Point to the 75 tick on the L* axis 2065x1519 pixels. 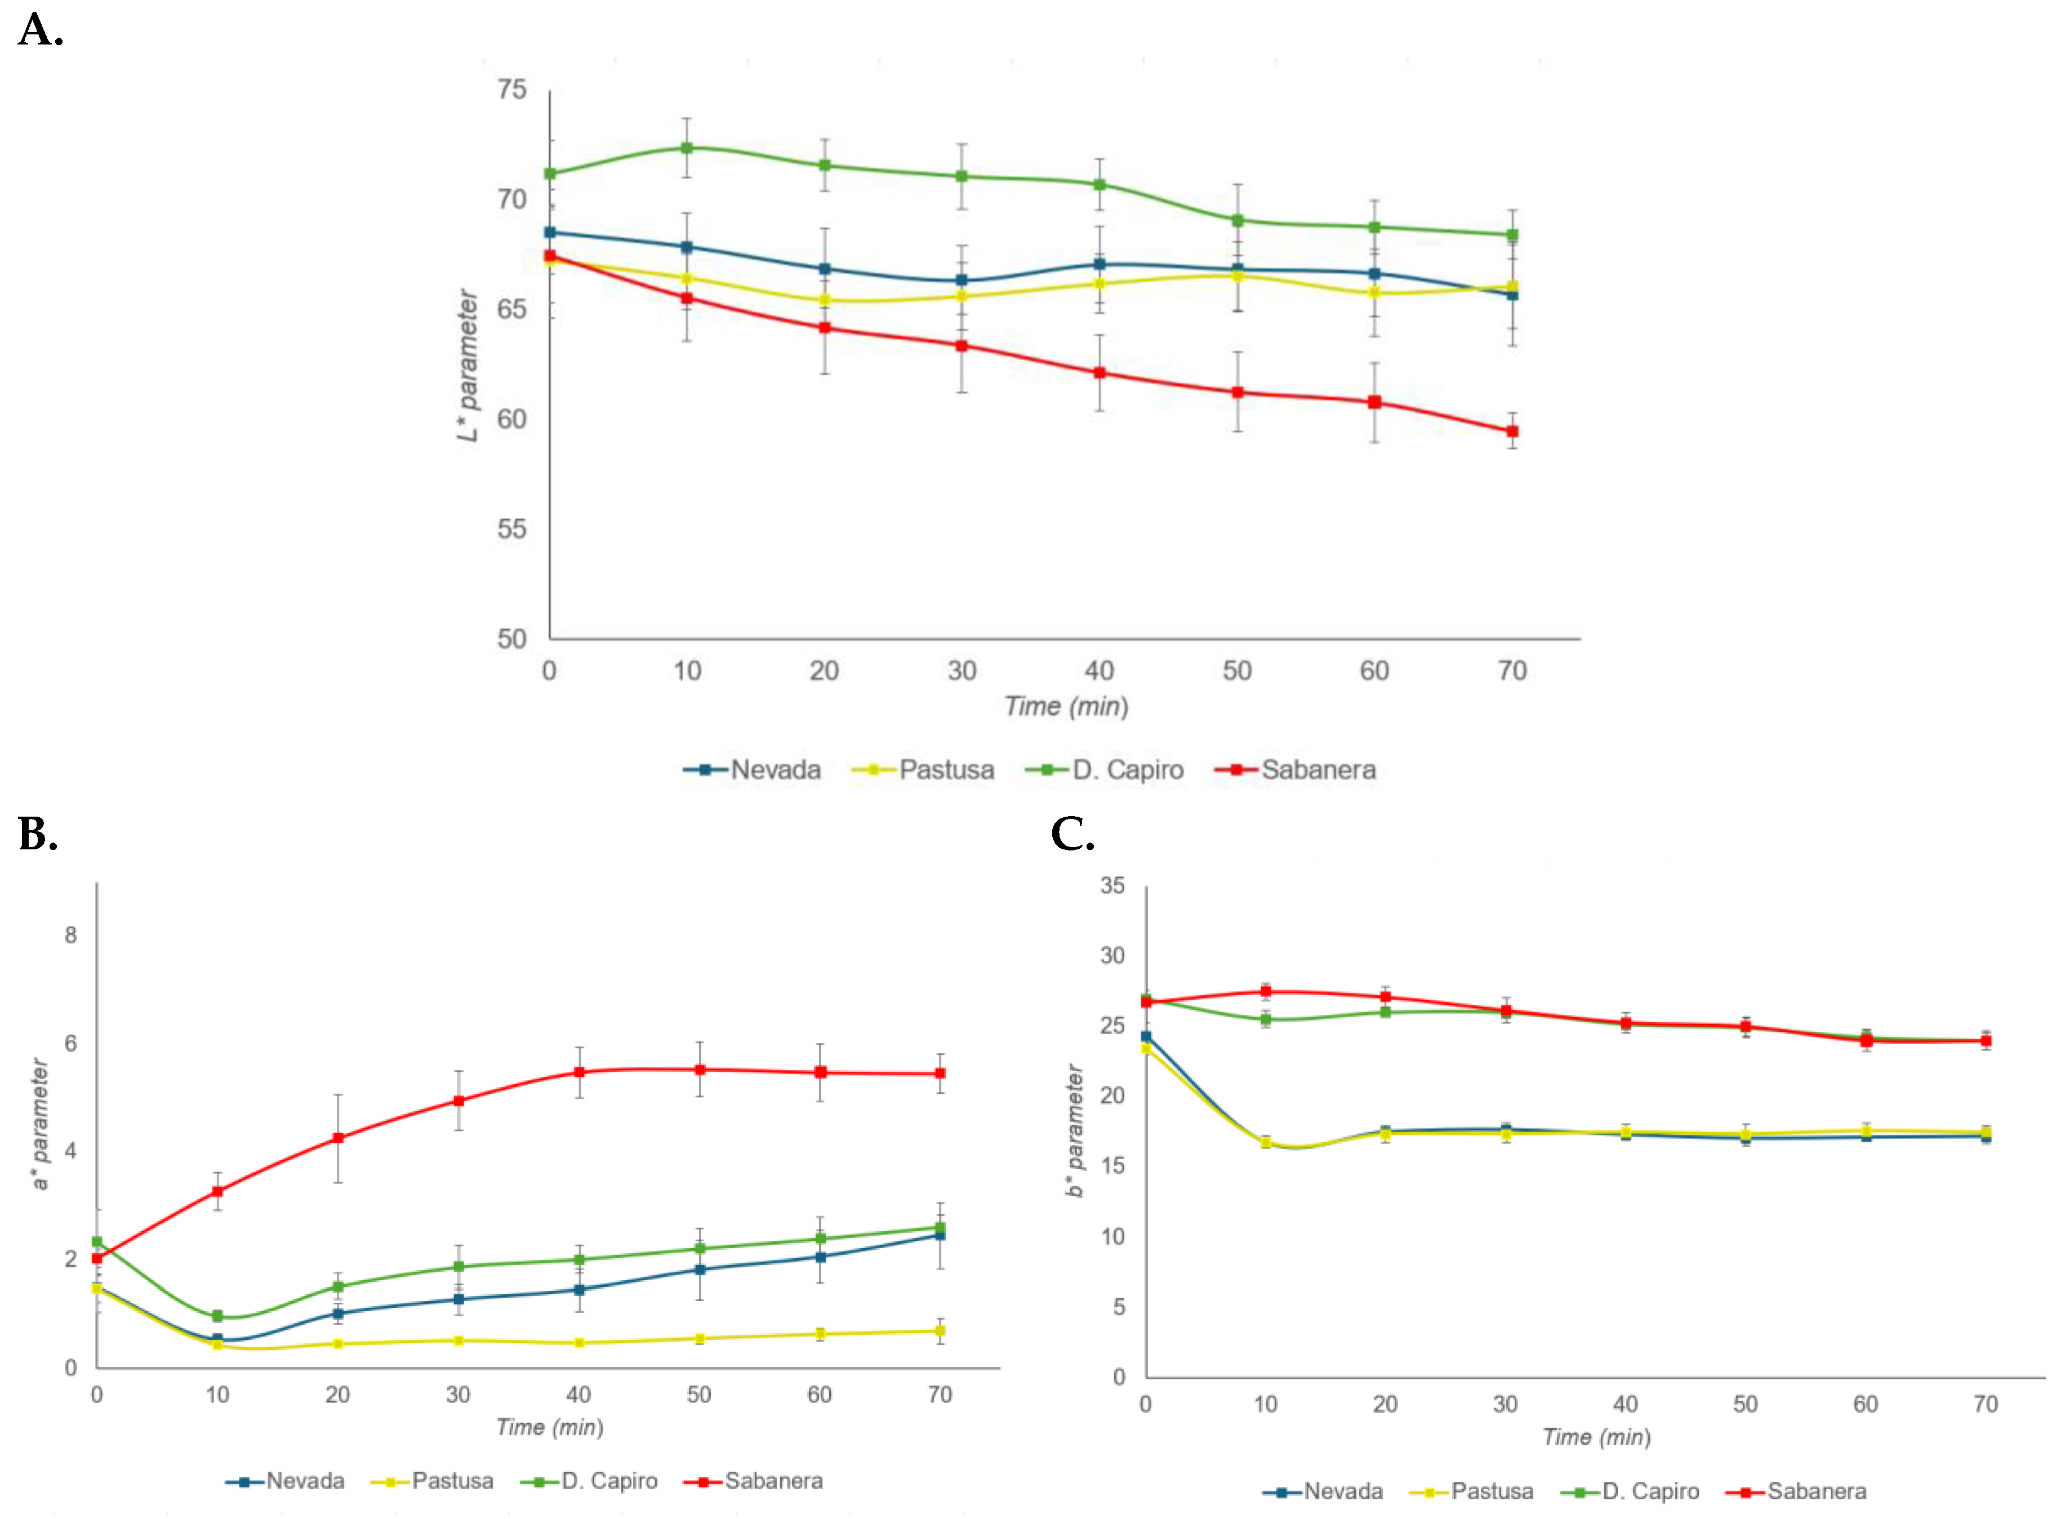[512, 89]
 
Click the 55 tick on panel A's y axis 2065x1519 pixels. [512, 529]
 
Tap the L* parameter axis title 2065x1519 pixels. [468, 365]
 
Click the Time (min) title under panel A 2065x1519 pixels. [1066, 706]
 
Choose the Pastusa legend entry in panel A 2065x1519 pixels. [924, 769]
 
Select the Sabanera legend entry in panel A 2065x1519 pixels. [1296, 769]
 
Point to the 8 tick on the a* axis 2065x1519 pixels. [71, 935]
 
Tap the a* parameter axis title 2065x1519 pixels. [39, 1124]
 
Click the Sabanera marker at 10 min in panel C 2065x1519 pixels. [1266, 991]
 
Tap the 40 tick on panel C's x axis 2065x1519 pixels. [1626, 1404]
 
